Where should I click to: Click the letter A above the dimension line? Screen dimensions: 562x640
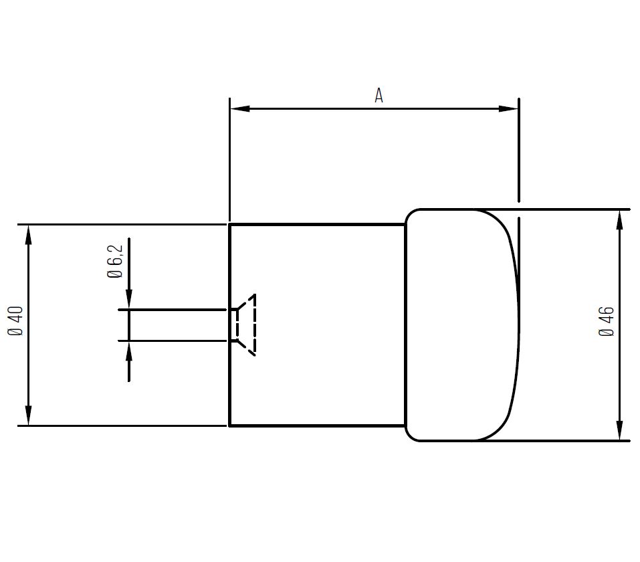tap(379, 96)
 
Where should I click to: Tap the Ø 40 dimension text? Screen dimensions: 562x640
tap(15, 321)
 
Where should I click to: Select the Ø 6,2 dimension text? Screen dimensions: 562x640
tap(115, 262)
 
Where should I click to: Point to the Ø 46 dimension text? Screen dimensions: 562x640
tap(607, 322)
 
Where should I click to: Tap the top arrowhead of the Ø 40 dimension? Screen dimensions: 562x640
tap(28, 234)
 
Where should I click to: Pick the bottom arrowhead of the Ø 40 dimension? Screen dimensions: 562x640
tap(28, 415)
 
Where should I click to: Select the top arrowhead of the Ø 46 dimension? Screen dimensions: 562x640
tap(620, 219)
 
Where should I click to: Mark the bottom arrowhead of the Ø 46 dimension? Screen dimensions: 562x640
tap(620, 431)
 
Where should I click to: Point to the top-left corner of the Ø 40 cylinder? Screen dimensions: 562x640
tap(230, 225)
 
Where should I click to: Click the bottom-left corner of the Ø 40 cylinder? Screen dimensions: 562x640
tap(230, 425)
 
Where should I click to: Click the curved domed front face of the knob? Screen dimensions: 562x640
tap(518, 325)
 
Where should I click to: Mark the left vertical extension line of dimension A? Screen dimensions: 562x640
tap(229, 161)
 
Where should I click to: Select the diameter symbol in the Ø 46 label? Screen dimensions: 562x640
tap(607, 333)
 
